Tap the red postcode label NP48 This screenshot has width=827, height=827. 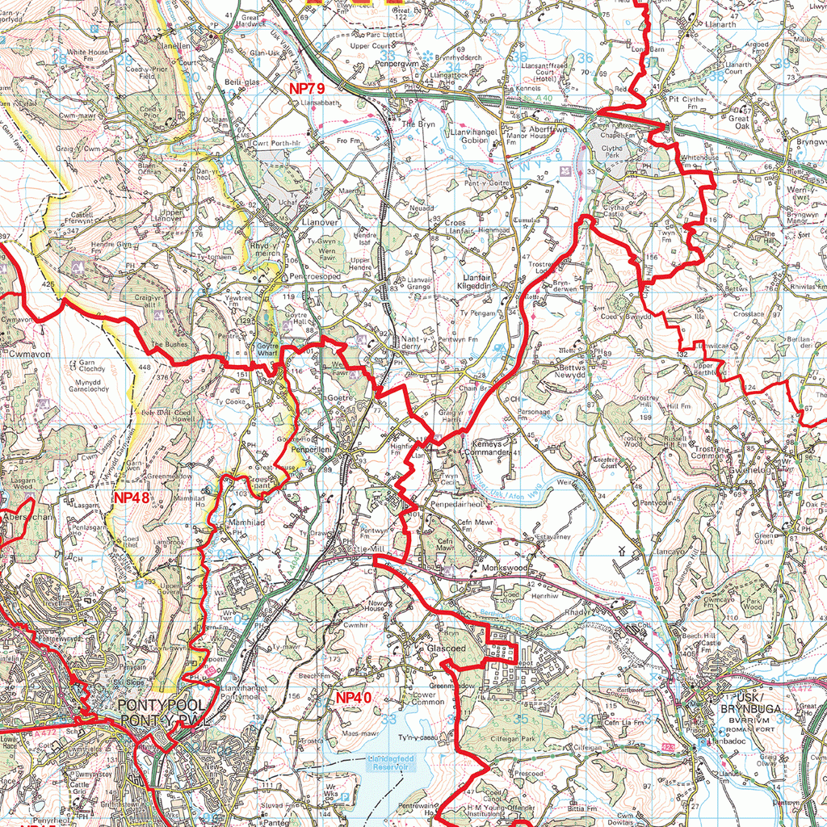click(x=131, y=497)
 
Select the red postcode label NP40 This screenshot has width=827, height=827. click(x=354, y=697)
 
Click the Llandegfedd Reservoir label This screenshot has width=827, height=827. click(x=389, y=762)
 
